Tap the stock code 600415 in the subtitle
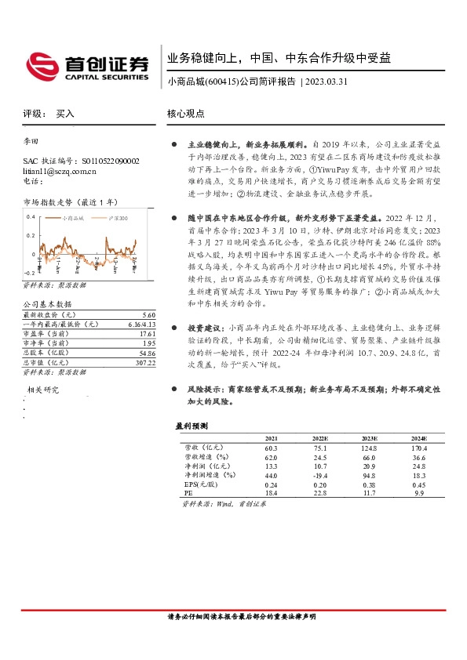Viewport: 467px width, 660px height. click(222, 81)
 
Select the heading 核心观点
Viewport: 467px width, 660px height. click(186, 114)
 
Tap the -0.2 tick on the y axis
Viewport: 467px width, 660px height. click(31, 252)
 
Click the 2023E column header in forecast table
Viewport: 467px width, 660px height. click(368, 438)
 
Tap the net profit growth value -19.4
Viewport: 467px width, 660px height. click(320, 476)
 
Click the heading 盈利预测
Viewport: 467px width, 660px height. click(192, 426)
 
